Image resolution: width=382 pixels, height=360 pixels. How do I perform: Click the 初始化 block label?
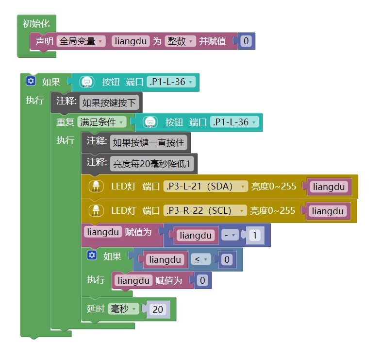coord(36,23)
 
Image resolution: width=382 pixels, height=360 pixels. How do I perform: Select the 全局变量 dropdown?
coord(81,41)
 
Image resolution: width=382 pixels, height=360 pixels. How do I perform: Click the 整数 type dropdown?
coord(180,41)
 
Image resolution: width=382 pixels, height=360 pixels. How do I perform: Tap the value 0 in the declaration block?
coord(246,41)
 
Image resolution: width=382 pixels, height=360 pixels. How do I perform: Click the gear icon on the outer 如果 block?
coord(31,81)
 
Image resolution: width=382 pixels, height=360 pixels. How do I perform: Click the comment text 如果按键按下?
coord(109,103)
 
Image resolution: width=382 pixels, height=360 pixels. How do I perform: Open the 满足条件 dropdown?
coord(101,122)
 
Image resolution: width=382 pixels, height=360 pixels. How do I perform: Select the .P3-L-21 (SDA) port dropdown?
coord(205,186)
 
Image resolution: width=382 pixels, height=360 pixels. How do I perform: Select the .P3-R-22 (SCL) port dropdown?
coord(205,210)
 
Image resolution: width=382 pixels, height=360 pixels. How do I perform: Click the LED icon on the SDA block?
coord(96,186)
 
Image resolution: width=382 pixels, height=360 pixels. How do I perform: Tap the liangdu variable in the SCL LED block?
coord(328,211)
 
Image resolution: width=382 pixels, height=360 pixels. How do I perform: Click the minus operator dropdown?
coord(231,236)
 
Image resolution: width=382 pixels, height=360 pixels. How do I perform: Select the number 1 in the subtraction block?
coord(255,236)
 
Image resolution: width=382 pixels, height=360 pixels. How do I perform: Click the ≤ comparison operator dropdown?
coord(200,260)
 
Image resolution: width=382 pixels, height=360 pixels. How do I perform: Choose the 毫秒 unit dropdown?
coord(123,309)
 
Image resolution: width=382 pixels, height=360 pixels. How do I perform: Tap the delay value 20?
coord(158,309)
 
